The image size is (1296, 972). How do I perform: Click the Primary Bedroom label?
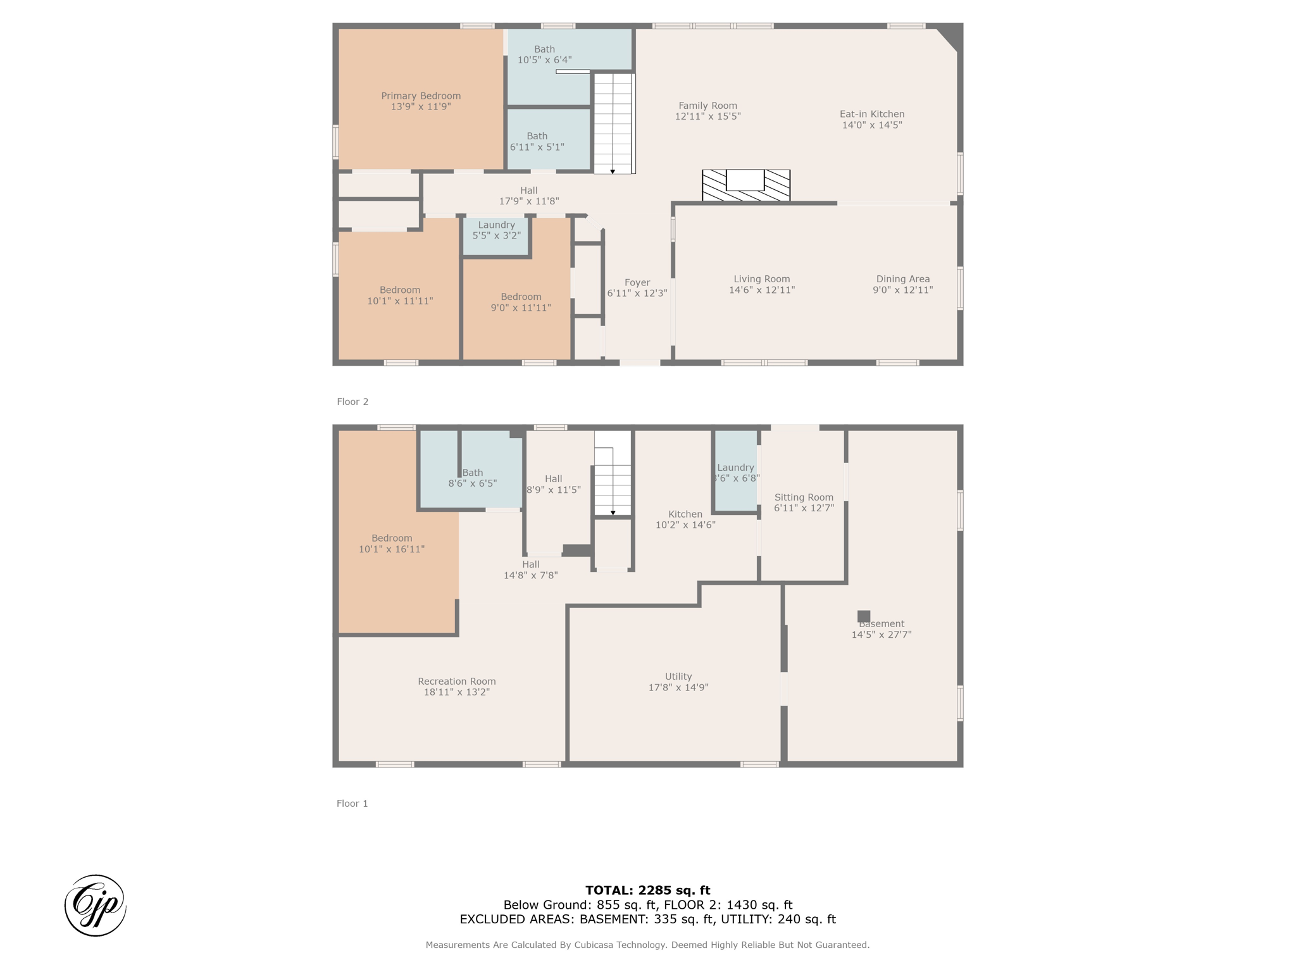coord(421,96)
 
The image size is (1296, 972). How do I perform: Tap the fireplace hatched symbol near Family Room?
coord(746,185)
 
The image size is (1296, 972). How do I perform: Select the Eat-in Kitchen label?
coord(872,114)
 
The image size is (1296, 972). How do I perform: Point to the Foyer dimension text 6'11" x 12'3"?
coord(637,293)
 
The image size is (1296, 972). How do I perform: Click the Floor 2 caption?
coord(352,402)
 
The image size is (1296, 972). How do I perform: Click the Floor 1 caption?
coord(352,804)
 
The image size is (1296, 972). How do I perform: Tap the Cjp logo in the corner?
coord(96,906)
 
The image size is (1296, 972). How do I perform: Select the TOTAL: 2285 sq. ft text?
coord(648,890)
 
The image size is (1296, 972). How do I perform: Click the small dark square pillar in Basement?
coord(864,616)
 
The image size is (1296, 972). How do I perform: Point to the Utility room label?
coord(678,676)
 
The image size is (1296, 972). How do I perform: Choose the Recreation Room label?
coord(457,682)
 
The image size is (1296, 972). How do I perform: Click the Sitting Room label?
coord(804,497)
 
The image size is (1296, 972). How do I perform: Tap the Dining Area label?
coord(903,279)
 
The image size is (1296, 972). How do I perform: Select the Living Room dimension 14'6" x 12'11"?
coord(762,290)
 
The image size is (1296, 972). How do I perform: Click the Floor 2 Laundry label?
coord(497,225)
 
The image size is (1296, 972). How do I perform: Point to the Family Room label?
coord(708,106)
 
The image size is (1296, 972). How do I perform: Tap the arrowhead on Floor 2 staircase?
coord(613,171)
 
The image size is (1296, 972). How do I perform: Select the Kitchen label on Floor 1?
coord(685,514)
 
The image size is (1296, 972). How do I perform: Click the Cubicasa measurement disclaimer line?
coord(648,945)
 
